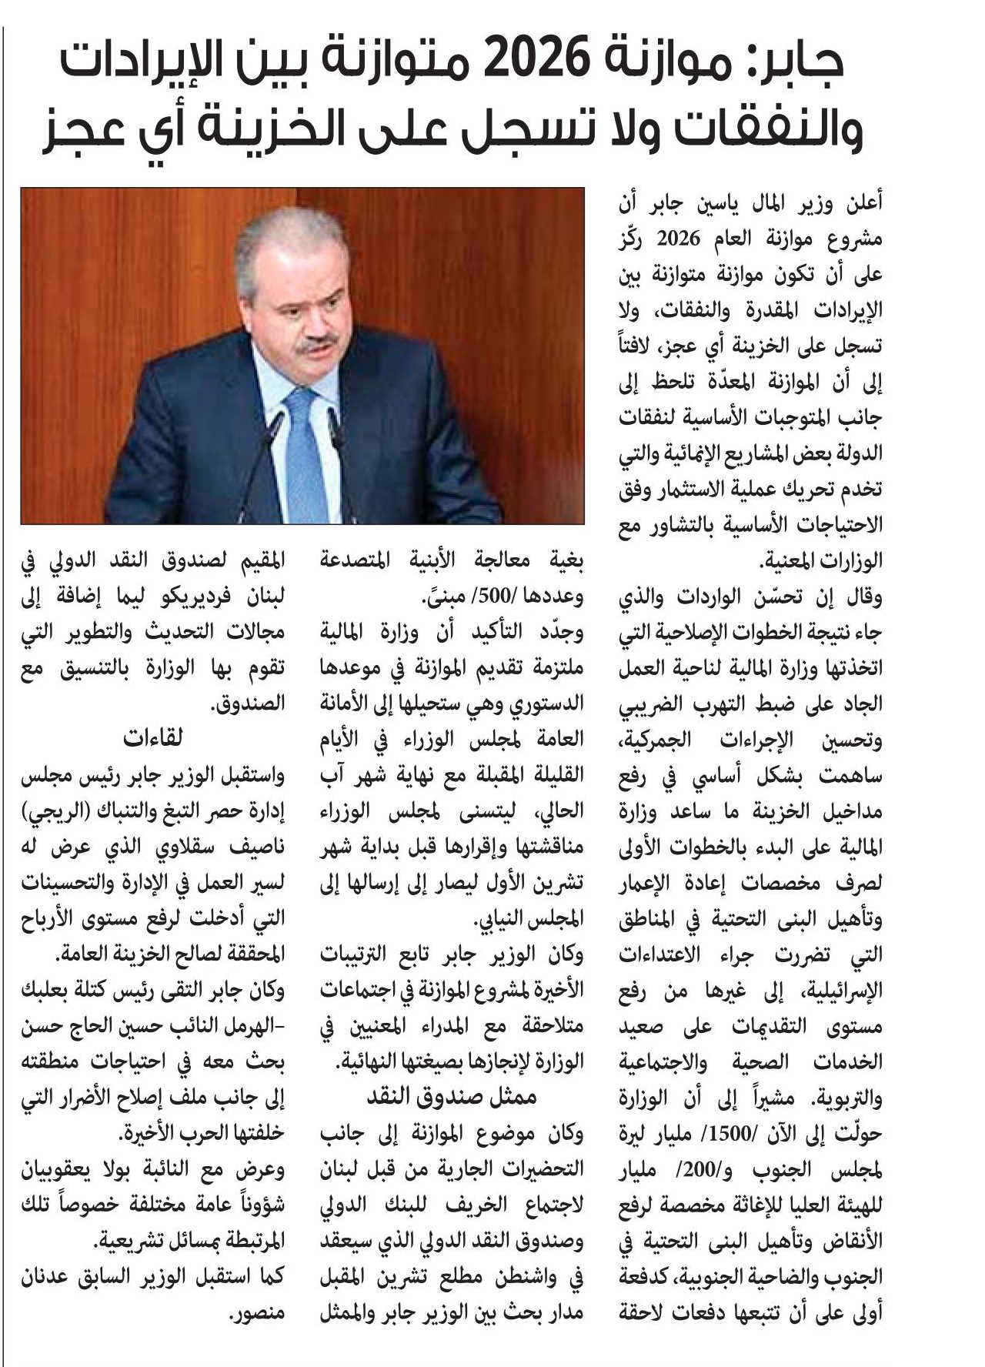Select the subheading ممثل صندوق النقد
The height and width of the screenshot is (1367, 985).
pyautogui.click(x=451, y=1097)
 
